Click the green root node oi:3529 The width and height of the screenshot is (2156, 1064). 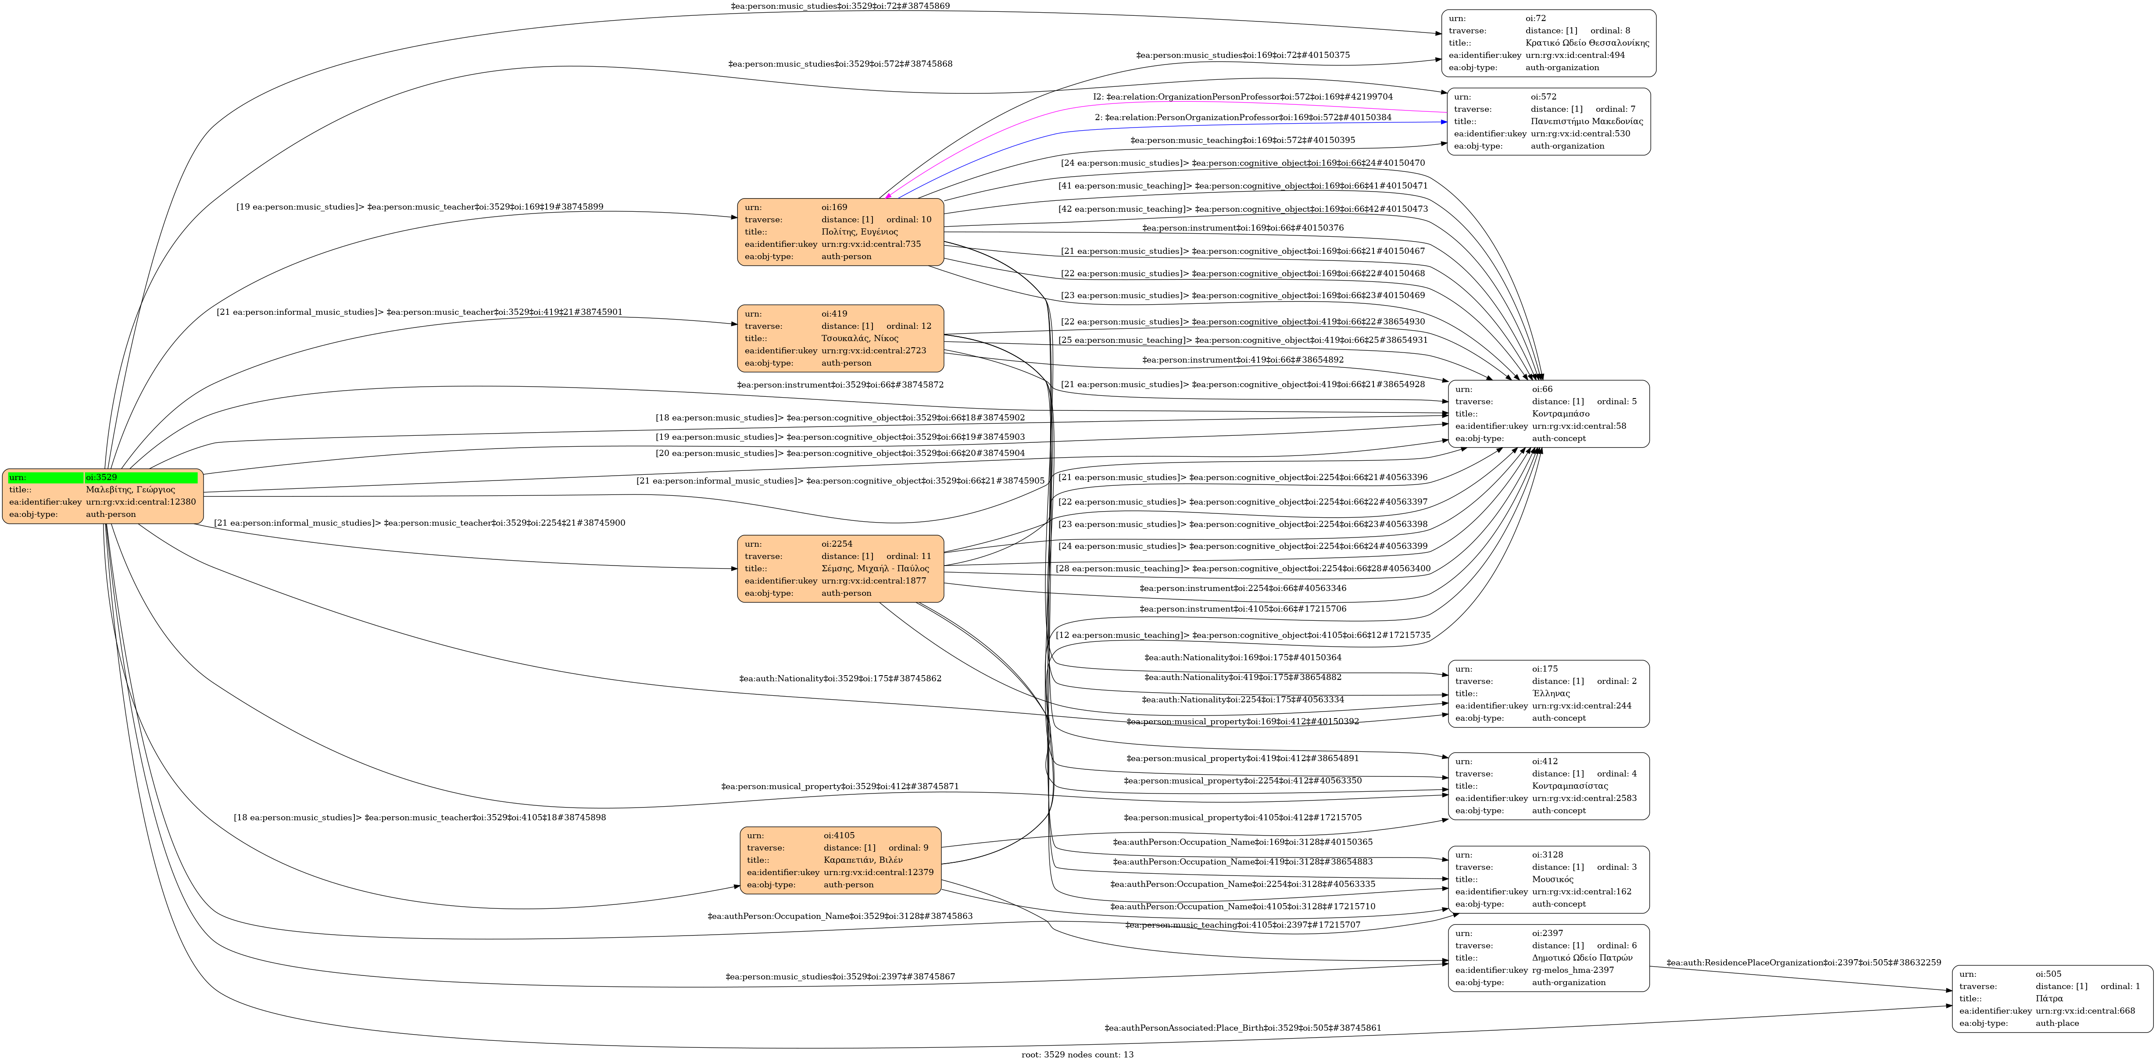[103, 496]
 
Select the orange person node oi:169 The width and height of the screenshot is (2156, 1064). [840, 232]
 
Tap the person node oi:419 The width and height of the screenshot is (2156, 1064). [840, 338]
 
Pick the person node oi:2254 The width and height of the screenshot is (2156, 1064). [840, 569]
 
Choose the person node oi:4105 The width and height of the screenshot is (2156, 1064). [840, 860]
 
